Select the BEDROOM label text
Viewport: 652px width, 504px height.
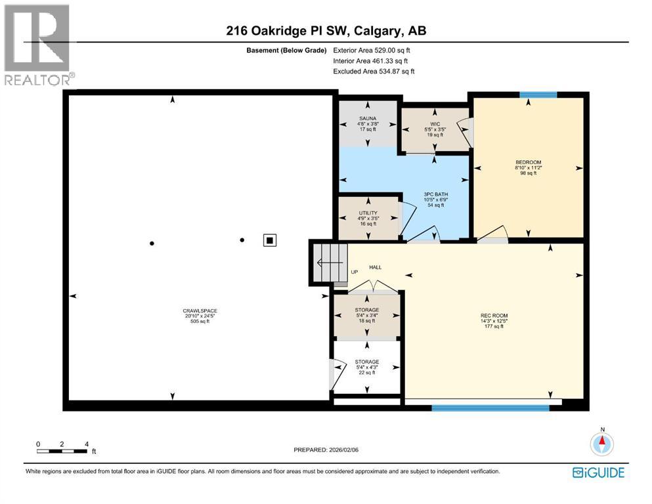click(x=529, y=161)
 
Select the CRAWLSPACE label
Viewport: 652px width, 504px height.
click(x=200, y=311)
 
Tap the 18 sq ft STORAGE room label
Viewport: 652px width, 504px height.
click(x=366, y=310)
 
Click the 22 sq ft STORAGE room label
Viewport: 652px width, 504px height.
click(x=366, y=362)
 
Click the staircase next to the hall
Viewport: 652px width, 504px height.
click(x=329, y=262)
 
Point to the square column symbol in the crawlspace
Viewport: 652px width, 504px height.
click(x=269, y=240)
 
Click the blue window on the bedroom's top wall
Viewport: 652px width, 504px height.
click(x=538, y=95)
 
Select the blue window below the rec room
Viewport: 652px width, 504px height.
click(x=490, y=408)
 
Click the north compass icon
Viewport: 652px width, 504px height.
click(x=601, y=443)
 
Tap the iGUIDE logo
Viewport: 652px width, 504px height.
click(x=598, y=472)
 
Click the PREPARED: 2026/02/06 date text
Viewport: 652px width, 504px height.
click(x=326, y=450)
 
